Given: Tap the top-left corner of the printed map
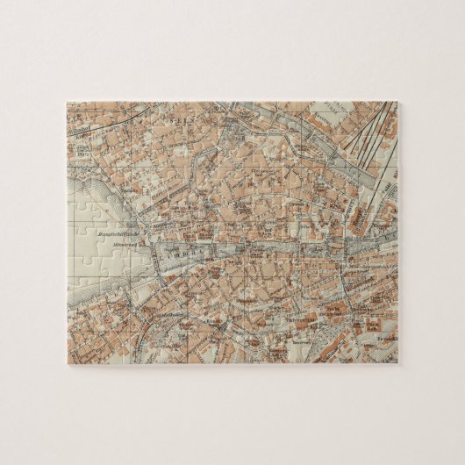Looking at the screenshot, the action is [67, 102].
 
